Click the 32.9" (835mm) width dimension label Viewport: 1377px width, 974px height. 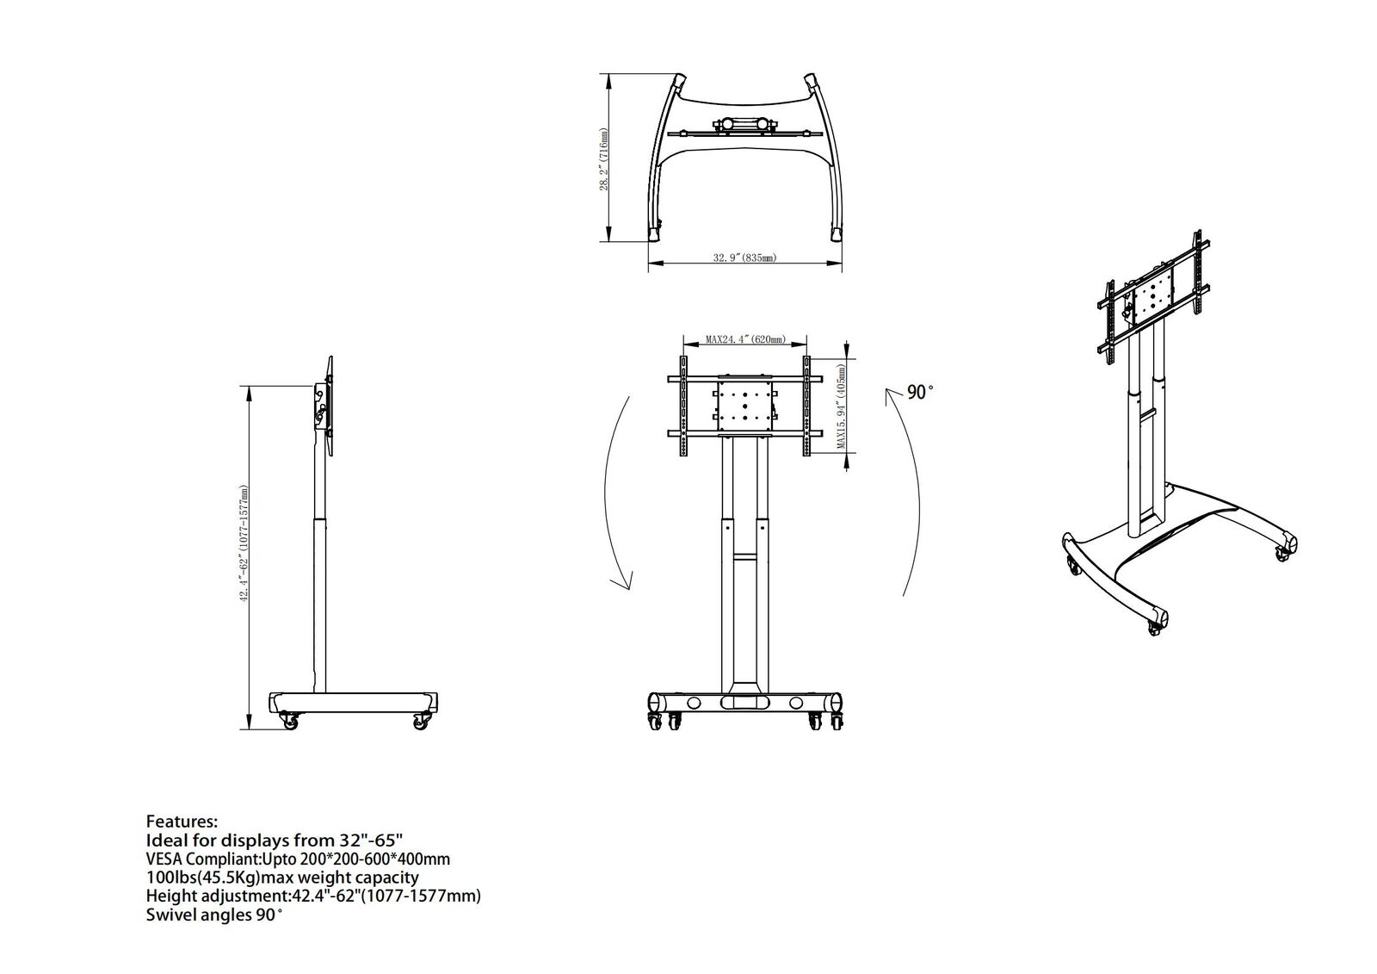(x=744, y=257)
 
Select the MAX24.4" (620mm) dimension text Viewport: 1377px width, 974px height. (x=744, y=340)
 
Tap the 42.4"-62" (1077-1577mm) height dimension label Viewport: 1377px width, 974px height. (x=244, y=544)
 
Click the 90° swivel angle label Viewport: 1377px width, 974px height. (x=920, y=393)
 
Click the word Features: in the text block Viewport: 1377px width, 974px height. (x=182, y=821)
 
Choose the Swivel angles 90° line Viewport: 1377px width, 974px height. (x=214, y=915)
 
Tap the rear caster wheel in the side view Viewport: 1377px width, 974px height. (x=420, y=721)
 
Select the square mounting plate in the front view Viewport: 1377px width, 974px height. (x=744, y=406)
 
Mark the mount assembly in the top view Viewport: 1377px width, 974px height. (x=744, y=127)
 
